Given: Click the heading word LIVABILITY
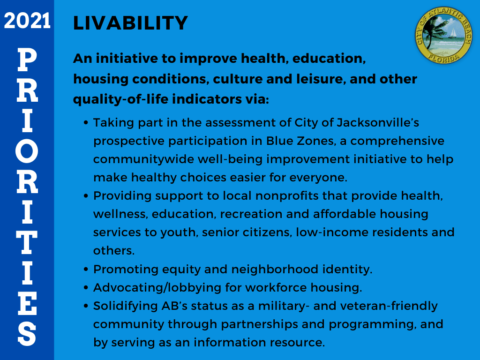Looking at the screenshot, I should [x=130, y=23].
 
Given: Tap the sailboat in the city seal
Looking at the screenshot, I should [x=452, y=33].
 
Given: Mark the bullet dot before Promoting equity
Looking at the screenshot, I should [x=86, y=270].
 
